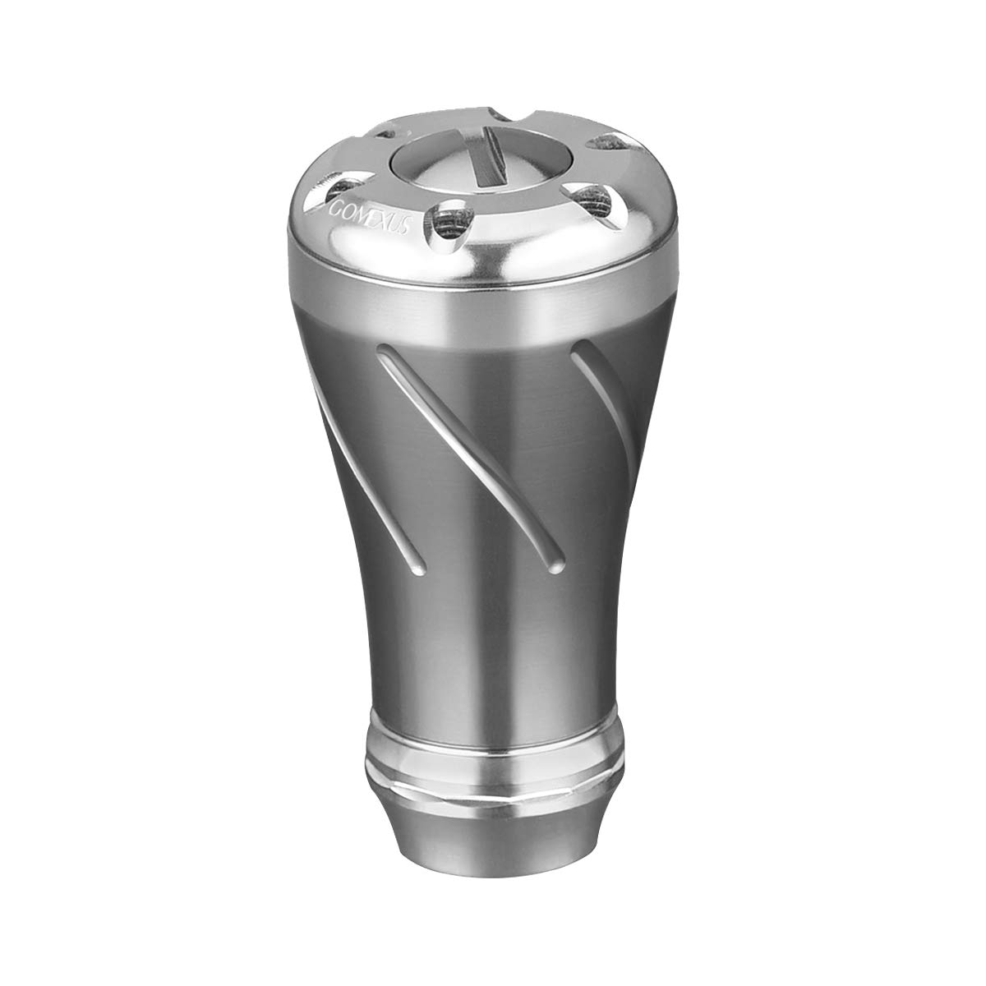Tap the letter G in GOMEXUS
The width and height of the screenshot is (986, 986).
point(334,210)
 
